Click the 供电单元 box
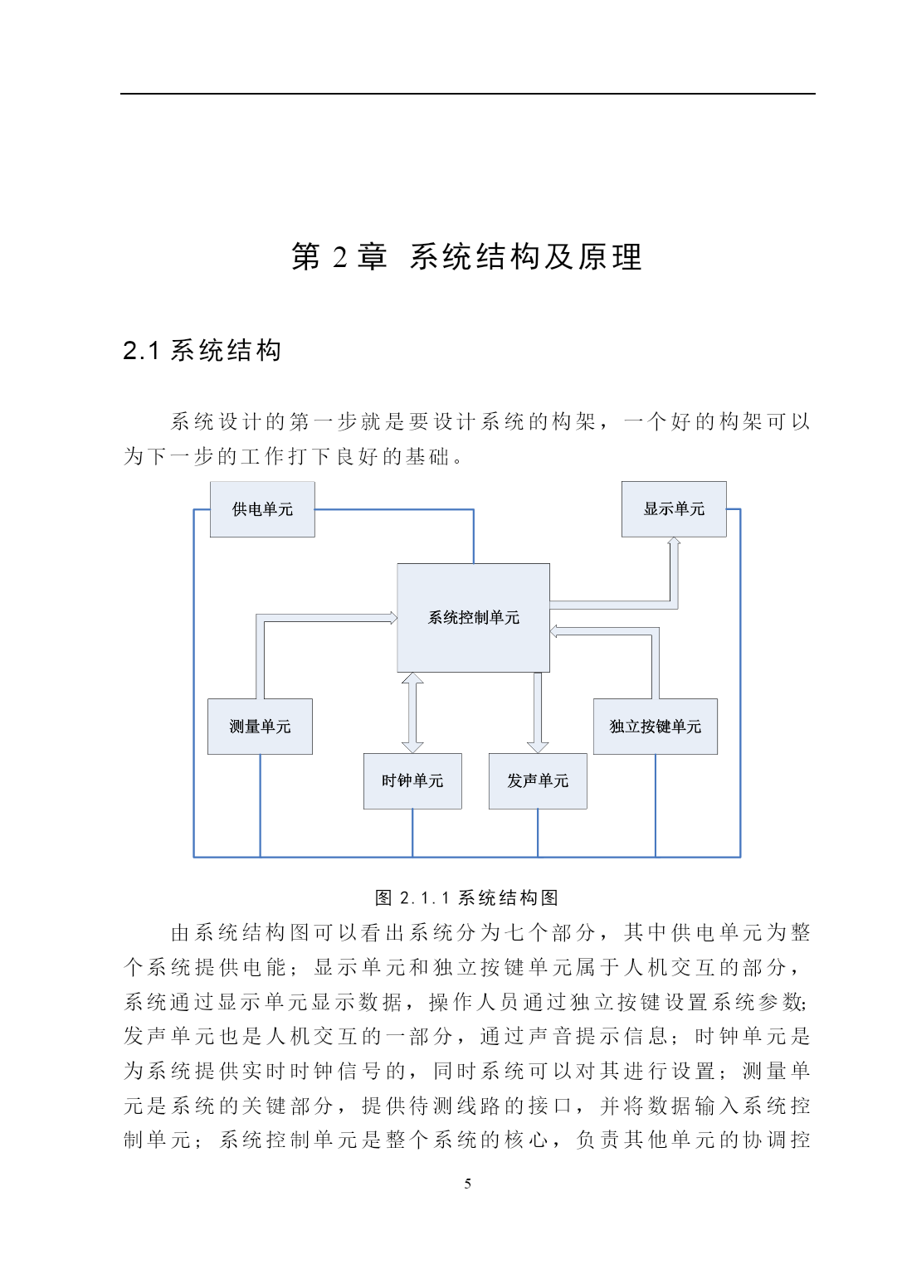262,509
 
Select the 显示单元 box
674,508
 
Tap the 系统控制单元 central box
473,618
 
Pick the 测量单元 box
260,727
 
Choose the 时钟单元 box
412,780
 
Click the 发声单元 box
538,780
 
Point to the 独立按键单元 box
656,727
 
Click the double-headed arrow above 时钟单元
412,712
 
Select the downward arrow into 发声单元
538,712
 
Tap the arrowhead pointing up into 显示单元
674,542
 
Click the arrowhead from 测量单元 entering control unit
393,618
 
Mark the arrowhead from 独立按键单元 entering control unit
553,631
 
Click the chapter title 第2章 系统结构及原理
467,256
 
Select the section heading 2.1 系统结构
202,350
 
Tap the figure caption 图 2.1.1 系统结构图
467,897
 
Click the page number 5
467,1184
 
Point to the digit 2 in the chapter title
340,257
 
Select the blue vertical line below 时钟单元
412,833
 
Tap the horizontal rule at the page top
467,94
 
